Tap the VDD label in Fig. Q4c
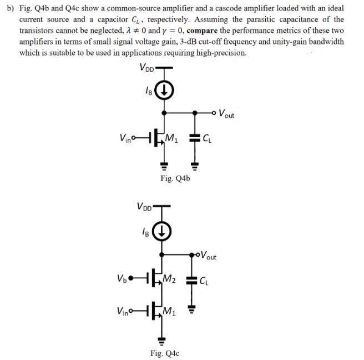146,207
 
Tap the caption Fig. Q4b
175,178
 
